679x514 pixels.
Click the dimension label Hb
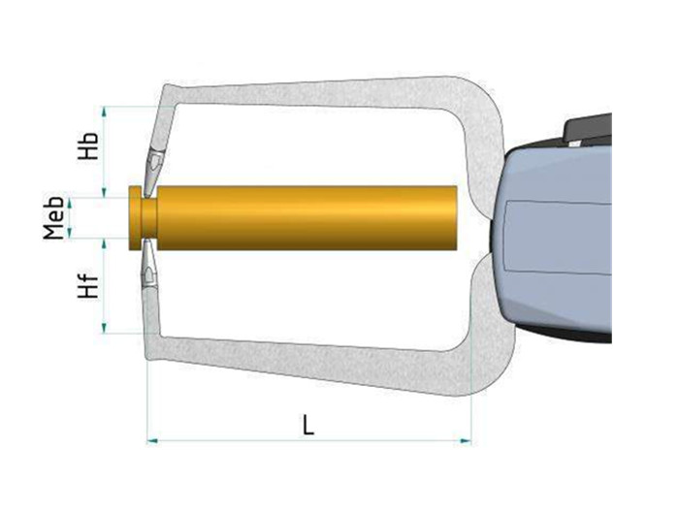88,145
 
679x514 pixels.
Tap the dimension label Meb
53,218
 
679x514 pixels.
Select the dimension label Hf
88,285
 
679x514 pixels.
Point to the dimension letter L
307,425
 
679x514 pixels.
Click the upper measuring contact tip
153,173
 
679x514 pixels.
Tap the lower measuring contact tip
149,263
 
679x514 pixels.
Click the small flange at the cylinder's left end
135,218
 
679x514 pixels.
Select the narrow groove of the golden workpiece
149,218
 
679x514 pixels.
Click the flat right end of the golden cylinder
456,218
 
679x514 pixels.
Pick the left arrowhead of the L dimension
152,441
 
